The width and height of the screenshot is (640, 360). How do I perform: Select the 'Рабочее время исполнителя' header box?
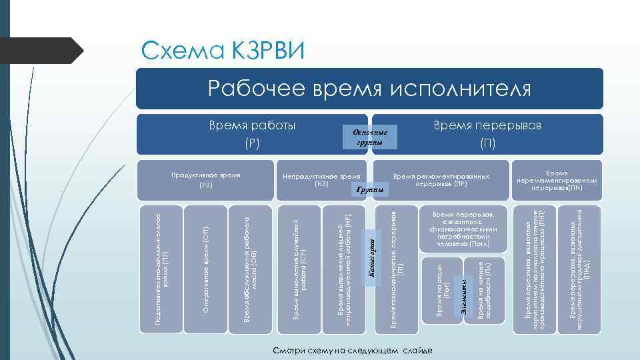[x=370, y=88]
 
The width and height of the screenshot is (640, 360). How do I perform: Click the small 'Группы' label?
[x=370, y=191]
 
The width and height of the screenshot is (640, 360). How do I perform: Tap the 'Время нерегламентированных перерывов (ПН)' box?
[x=557, y=179]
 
